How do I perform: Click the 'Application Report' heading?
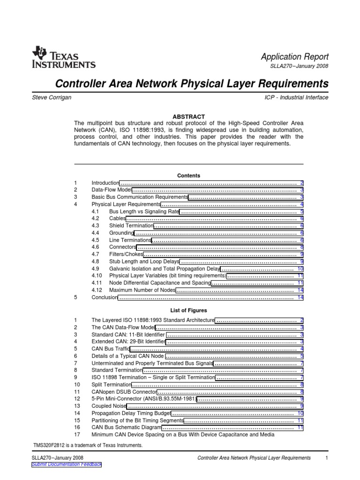(294, 56)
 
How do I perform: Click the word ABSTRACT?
(188, 116)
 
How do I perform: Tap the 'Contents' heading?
(188, 175)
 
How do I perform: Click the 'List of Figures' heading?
(188, 310)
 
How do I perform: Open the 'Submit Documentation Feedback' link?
(66, 464)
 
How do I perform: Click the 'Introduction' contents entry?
(105, 183)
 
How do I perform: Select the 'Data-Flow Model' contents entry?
(112, 190)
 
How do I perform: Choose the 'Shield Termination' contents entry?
(131, 226)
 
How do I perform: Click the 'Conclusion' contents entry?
(104, 297)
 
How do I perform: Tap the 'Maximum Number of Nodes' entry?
(142, 290)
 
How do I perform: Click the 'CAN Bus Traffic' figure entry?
(111, 349)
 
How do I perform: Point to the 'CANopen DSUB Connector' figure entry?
(124, 392)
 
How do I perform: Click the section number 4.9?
(96, 269)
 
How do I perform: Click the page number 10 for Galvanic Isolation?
(300, 269)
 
